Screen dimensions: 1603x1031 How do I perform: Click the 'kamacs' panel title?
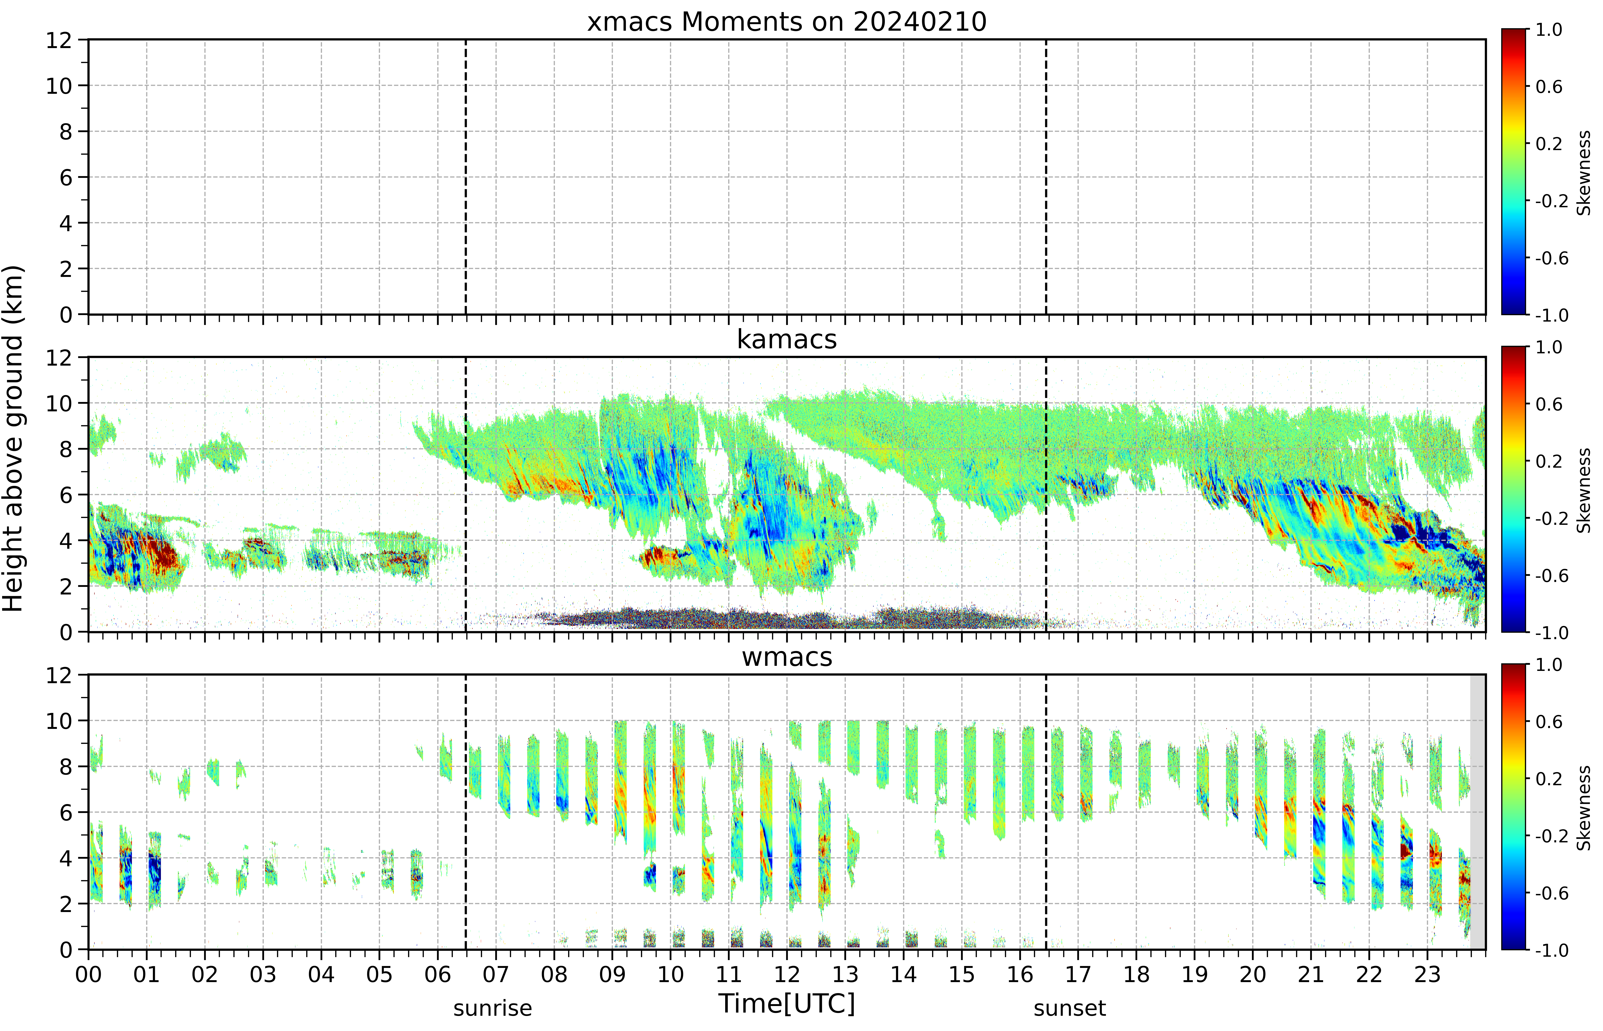787,339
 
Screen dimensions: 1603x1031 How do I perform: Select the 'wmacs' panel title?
787,657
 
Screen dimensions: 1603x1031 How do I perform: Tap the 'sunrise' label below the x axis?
493,1008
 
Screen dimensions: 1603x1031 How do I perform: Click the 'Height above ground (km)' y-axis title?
13,438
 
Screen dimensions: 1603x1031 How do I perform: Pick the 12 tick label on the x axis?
787,974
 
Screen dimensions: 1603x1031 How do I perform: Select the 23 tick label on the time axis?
1427,974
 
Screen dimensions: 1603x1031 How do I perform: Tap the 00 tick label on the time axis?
88,974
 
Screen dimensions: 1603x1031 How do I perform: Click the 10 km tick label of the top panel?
59,86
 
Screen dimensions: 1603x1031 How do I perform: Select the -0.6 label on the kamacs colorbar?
1551,576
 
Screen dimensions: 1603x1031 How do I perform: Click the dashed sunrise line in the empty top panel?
465,177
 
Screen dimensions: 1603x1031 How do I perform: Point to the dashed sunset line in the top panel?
1046,177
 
